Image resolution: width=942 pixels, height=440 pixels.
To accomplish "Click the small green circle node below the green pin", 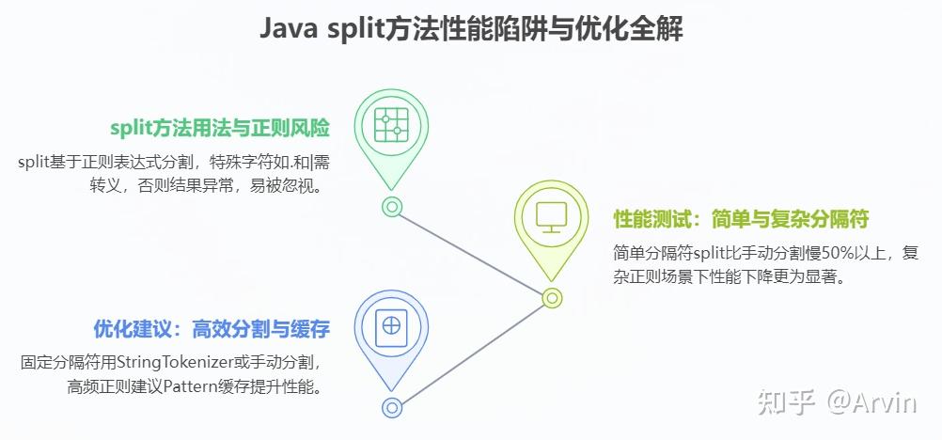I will pos(392,206).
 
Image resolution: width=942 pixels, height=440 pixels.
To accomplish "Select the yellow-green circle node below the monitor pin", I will pos(552,298).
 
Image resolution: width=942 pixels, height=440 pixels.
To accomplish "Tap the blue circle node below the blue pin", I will pos(392,407).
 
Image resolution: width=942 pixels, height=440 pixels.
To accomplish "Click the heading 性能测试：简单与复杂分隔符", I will pos(740,220).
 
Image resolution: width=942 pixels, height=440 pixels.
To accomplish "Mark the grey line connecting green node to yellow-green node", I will pos(470,251).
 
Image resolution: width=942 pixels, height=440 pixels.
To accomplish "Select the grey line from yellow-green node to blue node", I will pos(470,353).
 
